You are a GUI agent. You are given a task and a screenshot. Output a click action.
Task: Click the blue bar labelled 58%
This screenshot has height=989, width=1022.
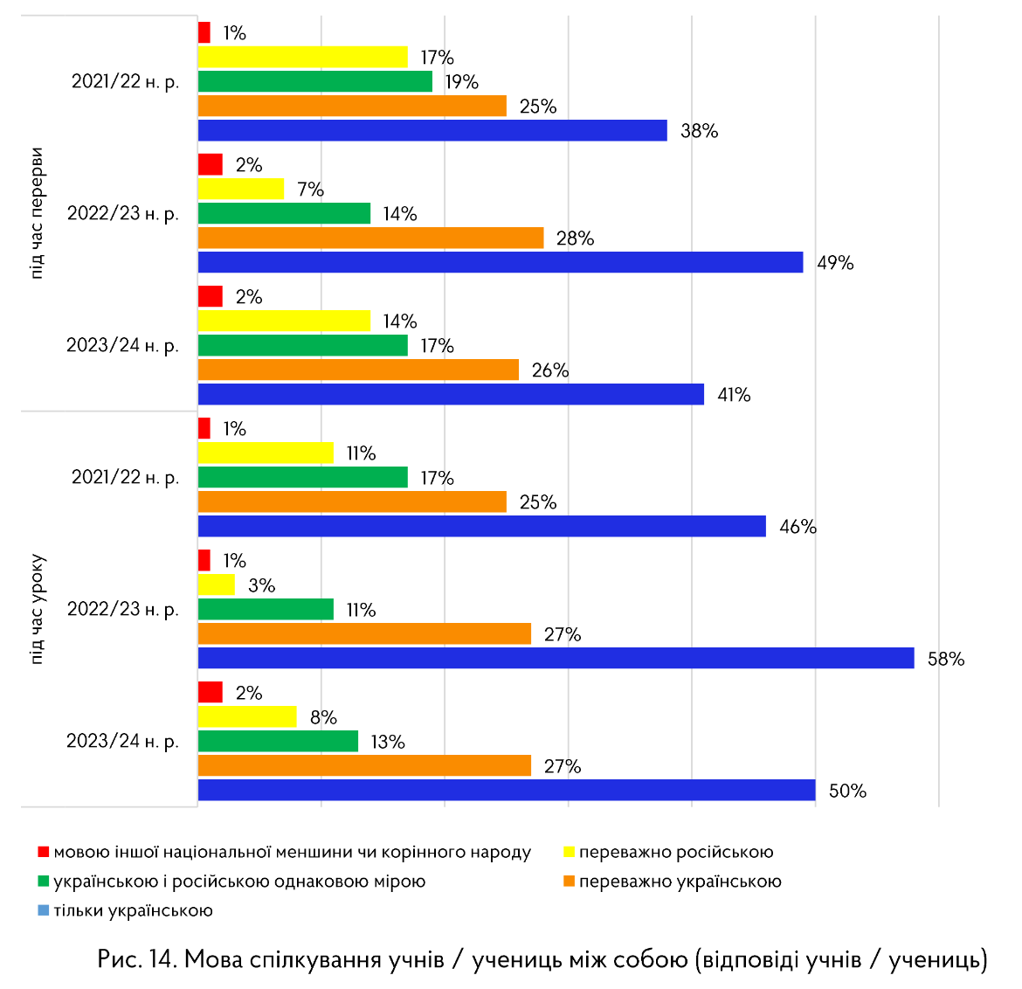tap(556, 658)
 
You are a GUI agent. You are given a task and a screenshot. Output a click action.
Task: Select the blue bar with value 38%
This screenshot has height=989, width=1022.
tap(432, 130)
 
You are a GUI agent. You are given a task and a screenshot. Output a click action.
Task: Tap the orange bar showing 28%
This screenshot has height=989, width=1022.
tap(370, 238)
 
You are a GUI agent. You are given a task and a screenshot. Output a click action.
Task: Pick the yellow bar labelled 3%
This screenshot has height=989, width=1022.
tap(217, 584)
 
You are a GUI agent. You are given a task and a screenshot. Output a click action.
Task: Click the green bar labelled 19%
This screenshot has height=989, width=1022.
tap(315, 81)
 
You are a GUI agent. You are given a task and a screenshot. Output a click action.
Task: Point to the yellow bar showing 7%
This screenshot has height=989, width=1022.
tap(241, 189)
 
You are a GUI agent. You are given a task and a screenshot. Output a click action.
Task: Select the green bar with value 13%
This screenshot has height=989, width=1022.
tap(278, 741)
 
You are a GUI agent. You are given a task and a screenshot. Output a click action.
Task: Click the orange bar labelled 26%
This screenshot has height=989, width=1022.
tap(358, 370)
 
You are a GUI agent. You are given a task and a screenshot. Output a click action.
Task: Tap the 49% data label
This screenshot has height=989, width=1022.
tap(835, 263)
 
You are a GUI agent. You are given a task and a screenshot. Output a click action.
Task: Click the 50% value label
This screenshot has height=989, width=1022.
tap(847, 791)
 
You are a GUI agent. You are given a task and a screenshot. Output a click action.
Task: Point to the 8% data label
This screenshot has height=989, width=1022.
tap(323, 717)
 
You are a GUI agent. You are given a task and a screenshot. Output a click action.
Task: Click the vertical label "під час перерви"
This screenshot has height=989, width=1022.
tap(36, 213)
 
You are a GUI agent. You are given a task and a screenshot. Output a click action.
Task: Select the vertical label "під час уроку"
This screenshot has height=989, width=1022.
tap(36, 609)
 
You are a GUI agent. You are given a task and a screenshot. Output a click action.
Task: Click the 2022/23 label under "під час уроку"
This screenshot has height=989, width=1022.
tap(123, 609)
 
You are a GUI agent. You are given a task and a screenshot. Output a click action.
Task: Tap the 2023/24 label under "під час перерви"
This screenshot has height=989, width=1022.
tap(123, 345)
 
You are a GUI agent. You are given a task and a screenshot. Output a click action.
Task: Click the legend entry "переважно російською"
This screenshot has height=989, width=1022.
tap(675, 852)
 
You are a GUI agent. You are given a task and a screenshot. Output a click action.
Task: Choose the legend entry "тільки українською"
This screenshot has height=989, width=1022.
tap(133, 910)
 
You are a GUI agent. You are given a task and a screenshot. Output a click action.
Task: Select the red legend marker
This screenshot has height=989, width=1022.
tap(43, 852)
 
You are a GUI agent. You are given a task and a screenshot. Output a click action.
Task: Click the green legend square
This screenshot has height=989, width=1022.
tap(43, 881)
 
